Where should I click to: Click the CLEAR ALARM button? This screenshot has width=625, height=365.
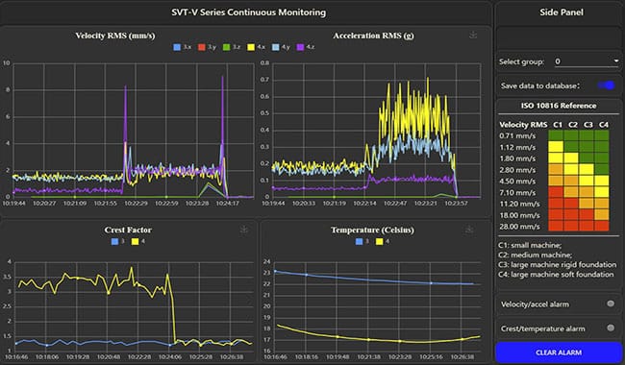[x=558, y=353]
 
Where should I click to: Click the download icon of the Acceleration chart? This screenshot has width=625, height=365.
[x=472, y=35]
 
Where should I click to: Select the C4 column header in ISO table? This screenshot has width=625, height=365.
[x=602, y=124]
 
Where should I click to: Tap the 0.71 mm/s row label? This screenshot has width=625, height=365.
[x=520, y=136]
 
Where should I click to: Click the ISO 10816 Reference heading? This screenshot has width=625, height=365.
[x=558, y=106]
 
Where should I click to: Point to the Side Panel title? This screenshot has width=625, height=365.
[x=558, y=12]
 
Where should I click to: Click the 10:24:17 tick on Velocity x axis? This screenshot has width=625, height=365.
[x=227, y=203]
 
